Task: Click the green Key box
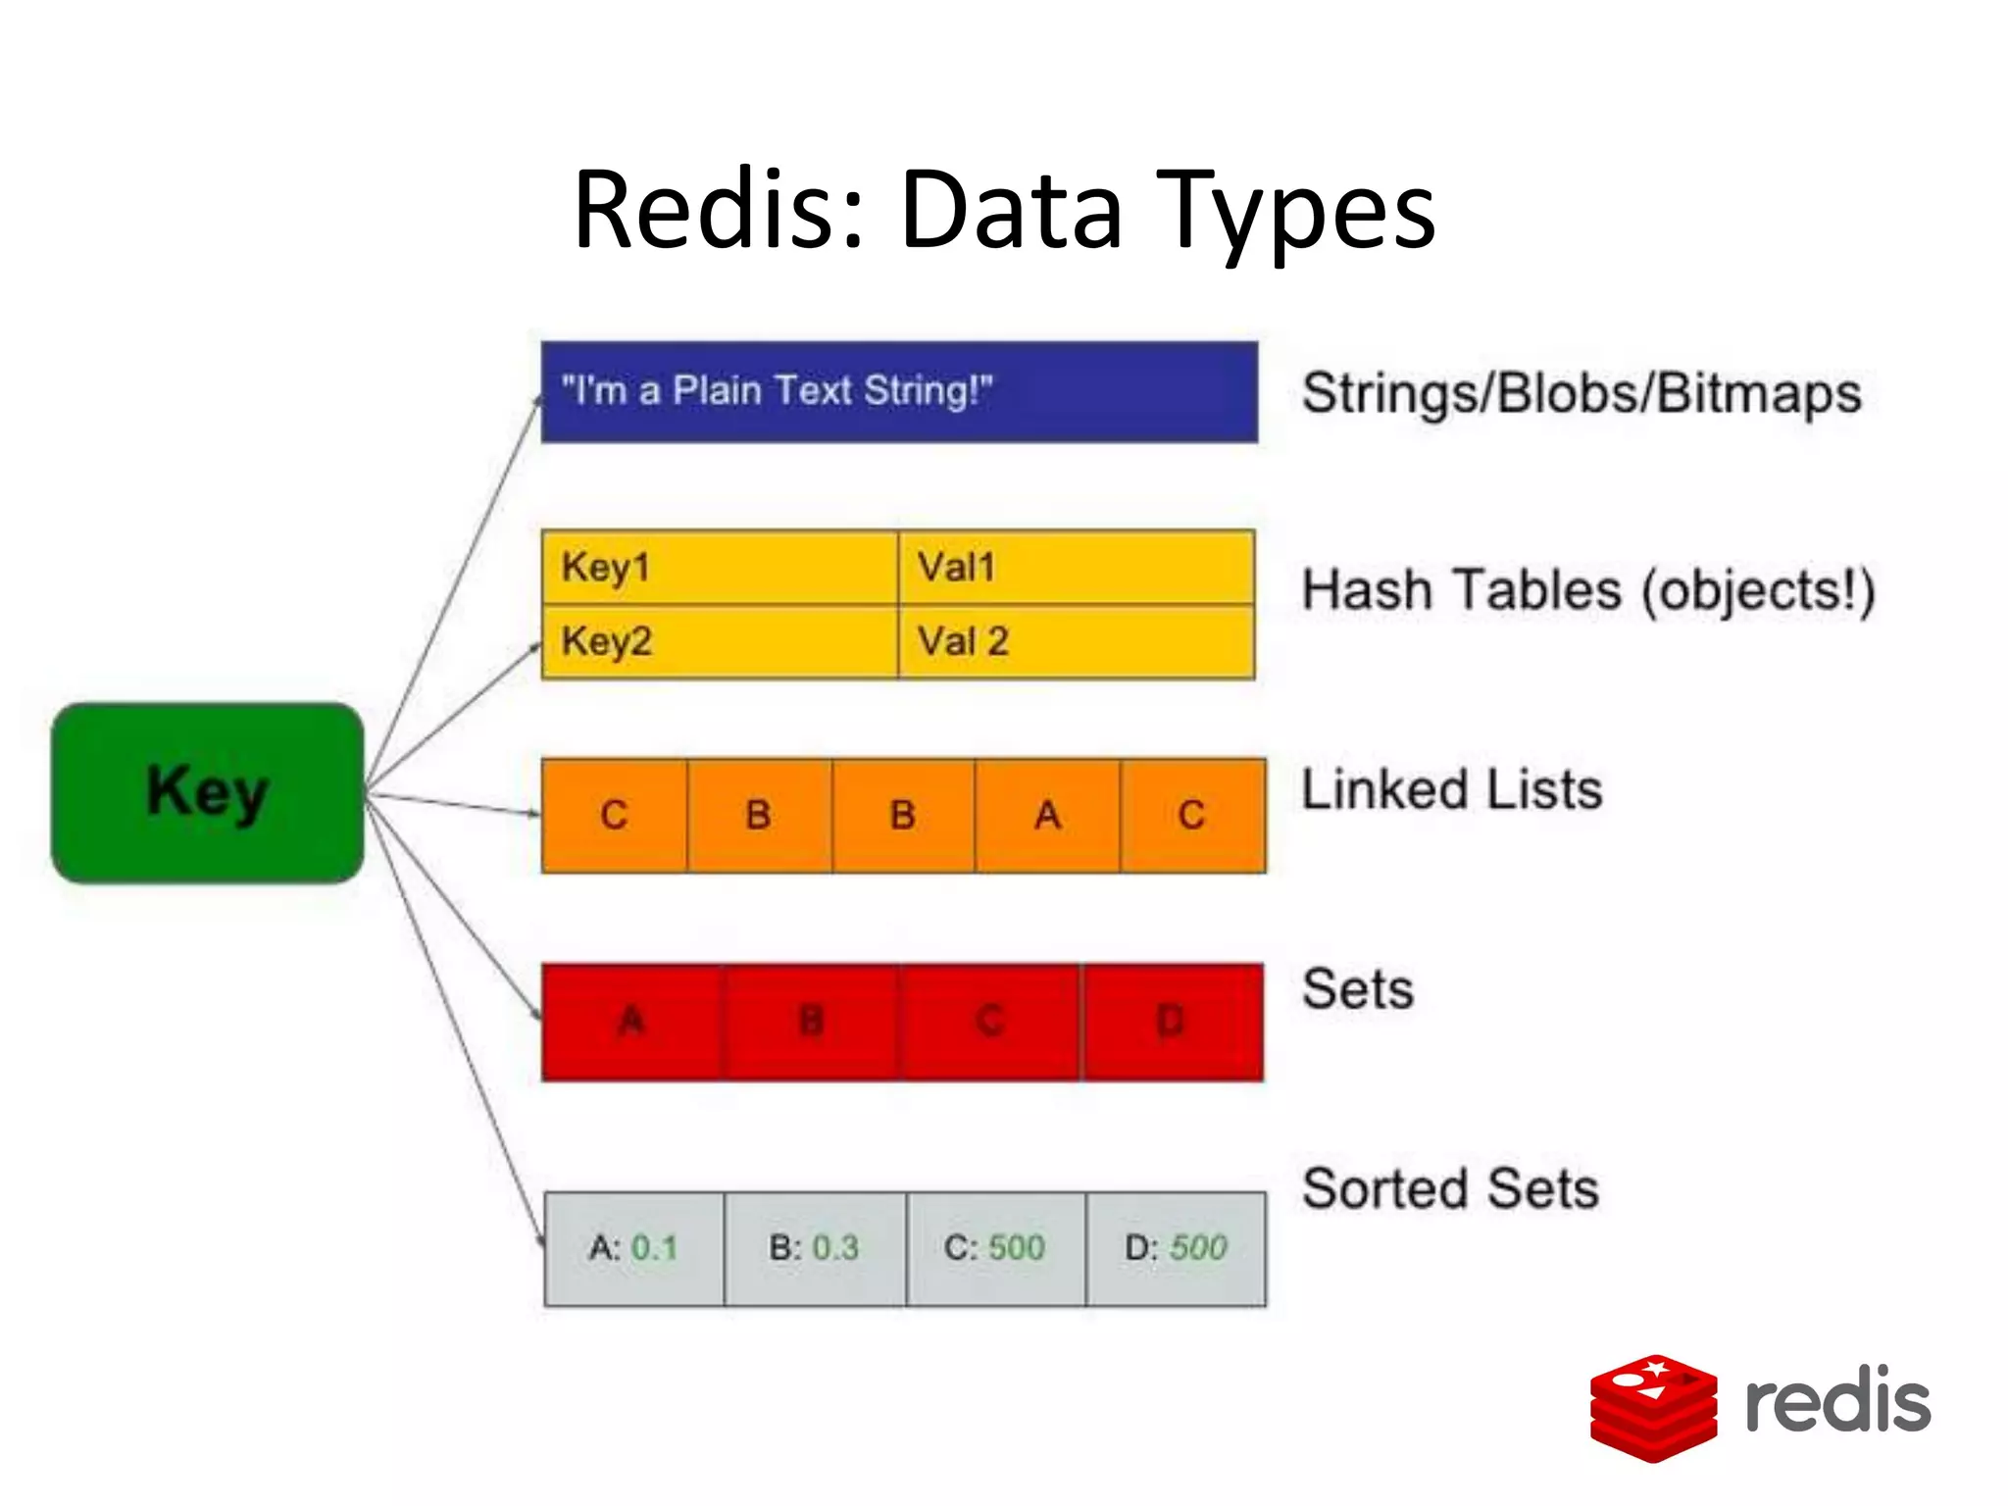point(207,792)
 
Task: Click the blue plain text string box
point(898,392)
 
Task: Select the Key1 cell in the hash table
point(719,568)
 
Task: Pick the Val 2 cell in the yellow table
point(1076,642)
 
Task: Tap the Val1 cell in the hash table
point(1076,568)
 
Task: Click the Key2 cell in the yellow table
point(719,642)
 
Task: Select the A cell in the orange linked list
point(1047,815)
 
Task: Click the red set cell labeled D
point(1172,1022)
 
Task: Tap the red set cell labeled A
point(632,1022)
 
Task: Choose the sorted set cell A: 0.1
point(633,1248)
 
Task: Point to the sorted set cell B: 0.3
point(814,1248)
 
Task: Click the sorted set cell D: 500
point(1176,1248)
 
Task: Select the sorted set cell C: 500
point(995,1248)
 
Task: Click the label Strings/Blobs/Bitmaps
point(1581,393)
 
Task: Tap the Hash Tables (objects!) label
point(1588,591)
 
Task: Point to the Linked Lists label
point(1451,790)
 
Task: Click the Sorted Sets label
point(1450,1189)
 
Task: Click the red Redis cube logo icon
point(1653,1407)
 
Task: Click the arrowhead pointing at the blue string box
point(537,400)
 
